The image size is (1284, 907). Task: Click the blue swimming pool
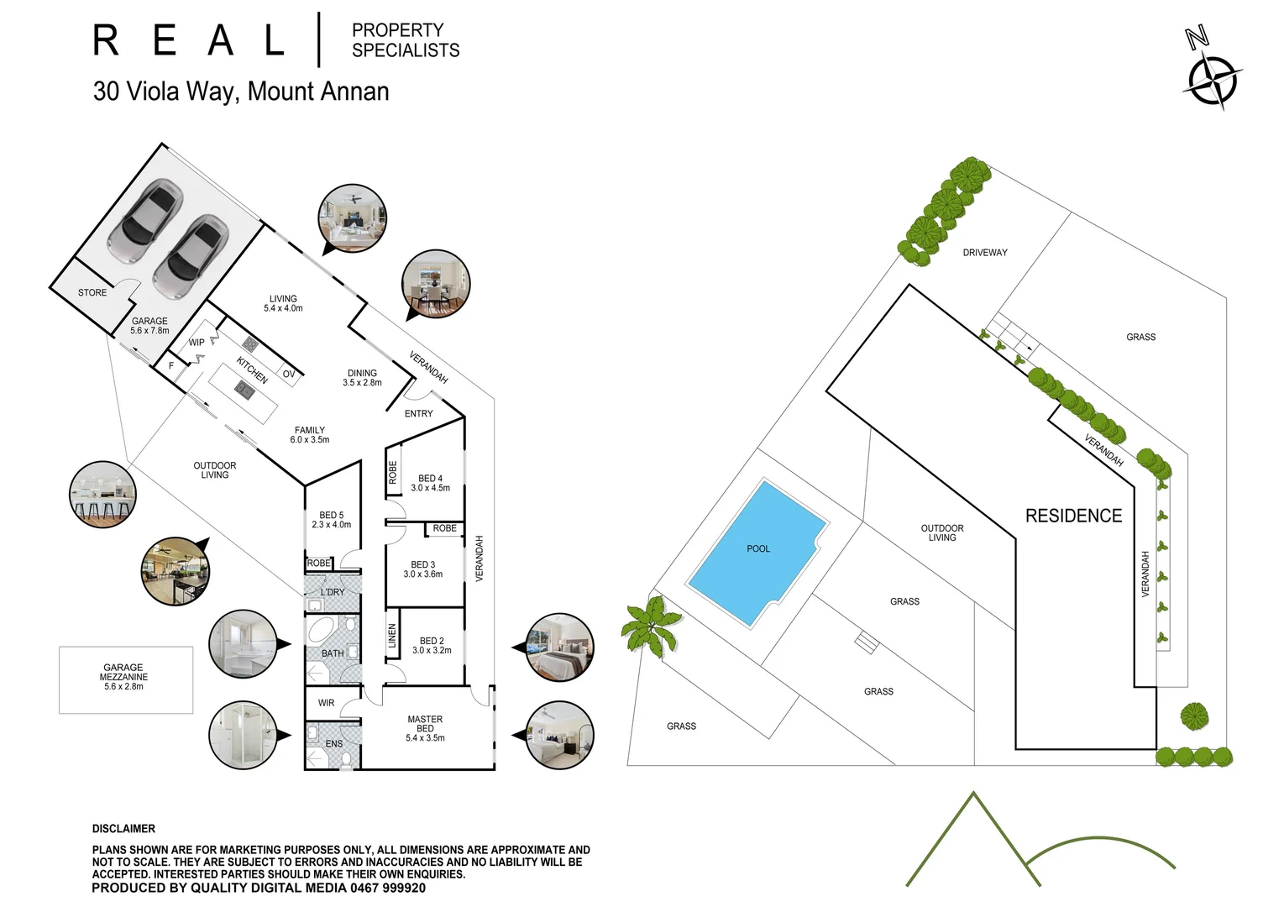click(756, 552)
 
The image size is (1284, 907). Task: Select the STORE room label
click(92, 293)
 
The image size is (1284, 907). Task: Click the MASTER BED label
click(425, 724)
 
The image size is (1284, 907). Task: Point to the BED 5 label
click(332, 516)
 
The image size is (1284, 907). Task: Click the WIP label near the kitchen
click(197, 343)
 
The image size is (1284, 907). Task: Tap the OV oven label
click(289, 375)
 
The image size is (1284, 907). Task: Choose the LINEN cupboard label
click(392, 636)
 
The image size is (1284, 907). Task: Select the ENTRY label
click(418, 414)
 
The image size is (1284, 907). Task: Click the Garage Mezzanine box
click(125, 679)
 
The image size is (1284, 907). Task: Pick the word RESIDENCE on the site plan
click(1073, 516)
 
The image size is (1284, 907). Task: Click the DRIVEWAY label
click(984, 253)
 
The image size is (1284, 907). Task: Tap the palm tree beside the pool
click(651, 624)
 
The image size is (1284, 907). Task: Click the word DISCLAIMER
click(123, 829)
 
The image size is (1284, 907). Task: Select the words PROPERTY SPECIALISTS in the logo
click(405, 40)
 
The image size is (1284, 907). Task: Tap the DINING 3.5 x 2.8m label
click(362, 378)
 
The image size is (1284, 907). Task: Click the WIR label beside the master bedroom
click(326, 704)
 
